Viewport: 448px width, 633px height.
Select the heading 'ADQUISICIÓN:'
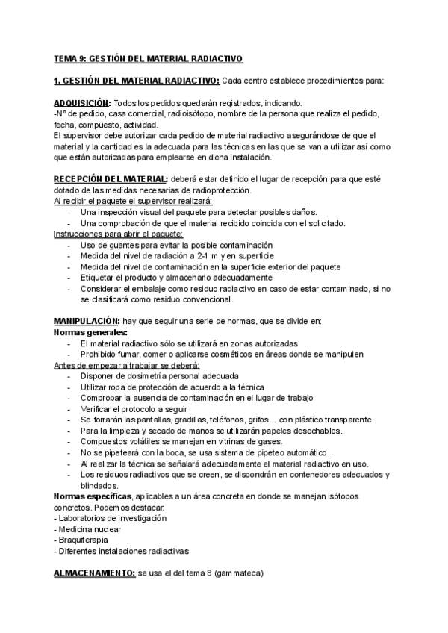(x=82, y=103)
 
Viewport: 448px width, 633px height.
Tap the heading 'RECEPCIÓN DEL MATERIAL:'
(x=111, y=180)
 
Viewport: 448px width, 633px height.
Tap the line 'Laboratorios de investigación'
(x=113, y=518)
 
